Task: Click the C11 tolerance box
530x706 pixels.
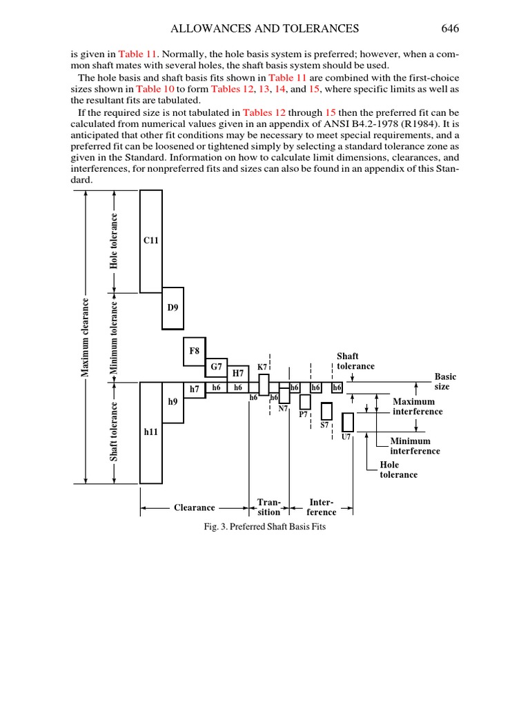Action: point(151,241)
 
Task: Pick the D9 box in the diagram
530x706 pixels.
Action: point(173,307)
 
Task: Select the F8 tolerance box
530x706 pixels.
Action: point(195,351)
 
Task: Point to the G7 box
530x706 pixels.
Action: point(216,367)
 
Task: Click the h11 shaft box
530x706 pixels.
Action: point(151,432)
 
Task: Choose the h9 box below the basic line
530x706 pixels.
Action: point(173,401)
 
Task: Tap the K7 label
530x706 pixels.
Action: point(262,367)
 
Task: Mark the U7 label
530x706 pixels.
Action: point(346,437)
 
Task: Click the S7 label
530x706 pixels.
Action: point(324,425)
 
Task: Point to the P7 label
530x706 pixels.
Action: point(303,415)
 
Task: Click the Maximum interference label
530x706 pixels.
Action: point(418,406)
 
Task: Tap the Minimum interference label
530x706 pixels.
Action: point(415,446)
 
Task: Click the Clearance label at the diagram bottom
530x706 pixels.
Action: point(194,507)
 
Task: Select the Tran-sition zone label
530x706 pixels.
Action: point(268,507)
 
